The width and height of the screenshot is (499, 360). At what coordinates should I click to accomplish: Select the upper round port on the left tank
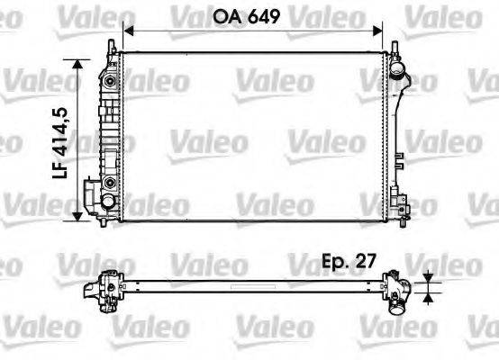click(110, 82)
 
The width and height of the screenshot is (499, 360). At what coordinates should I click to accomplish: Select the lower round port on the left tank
click(110, 183)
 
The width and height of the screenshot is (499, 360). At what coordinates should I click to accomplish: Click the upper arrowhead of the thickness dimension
click(429, 278)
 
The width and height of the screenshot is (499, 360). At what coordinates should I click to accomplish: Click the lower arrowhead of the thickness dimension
click(429, 296)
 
